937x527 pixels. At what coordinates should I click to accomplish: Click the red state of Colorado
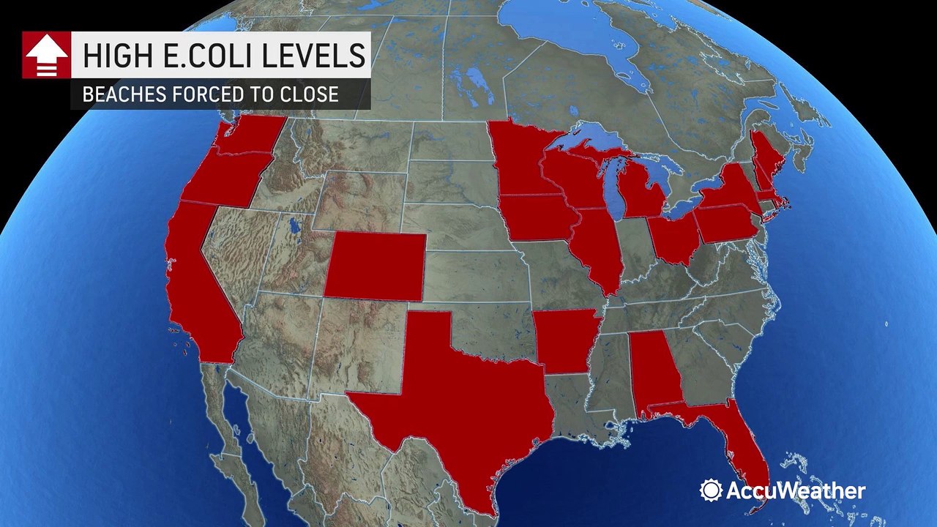pyautogui.click(x=374, y=266)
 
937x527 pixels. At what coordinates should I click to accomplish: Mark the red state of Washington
pyautogui.click(x=249, y=135)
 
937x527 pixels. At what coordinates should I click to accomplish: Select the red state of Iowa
pyautogui.click(x=538, y=217)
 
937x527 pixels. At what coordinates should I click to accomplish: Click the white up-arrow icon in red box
pyautogui.click(x=46, y=56)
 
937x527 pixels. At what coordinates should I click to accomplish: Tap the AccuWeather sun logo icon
pyautogui.click(x=711, y=490)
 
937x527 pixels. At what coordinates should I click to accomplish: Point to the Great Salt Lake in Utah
pyautogui.click(x=295, y=225)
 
